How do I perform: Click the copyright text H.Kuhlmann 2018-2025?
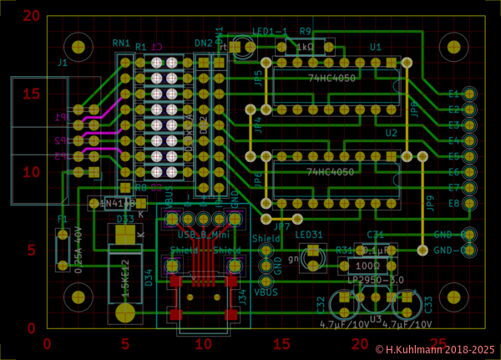click(x=434, y=350)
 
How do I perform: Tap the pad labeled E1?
click(x=469, y=94)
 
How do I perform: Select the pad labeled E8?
click(x=469, y=203)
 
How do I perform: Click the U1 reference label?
click(x=375, y=47)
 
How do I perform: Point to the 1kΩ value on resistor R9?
click(x=305, y=48)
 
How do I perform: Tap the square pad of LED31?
click(x=313, y=250)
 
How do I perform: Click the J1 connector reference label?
click(x=63, y=63)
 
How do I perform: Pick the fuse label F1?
click(x=62, y=220)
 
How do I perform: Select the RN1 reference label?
click(x=121, y=43)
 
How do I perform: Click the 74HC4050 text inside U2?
click(x=331, y=172)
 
